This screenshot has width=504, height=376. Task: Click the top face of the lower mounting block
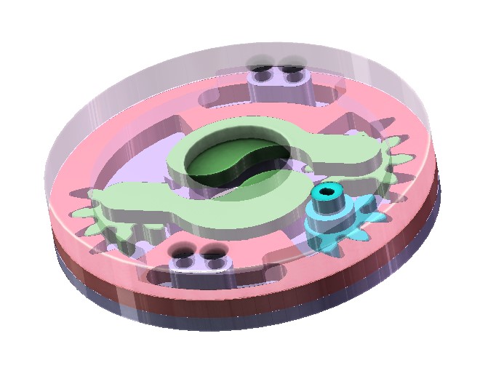coord(199,263)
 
